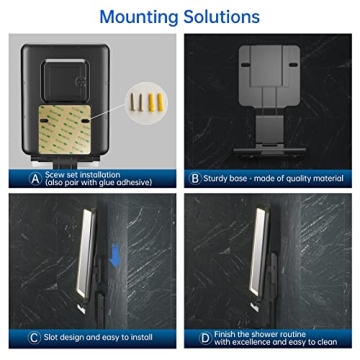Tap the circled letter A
36,179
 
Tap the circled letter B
194,179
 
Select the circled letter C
36,338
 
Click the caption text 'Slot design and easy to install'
96,338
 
